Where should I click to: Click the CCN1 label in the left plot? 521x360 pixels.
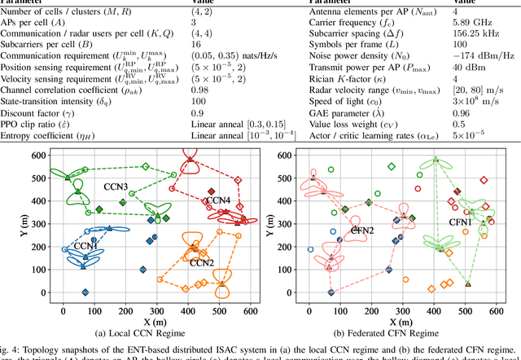[x=88, y=245]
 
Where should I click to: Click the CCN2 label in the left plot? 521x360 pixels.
[x=202, y=262]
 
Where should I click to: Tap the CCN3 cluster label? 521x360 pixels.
[x=116, y=187]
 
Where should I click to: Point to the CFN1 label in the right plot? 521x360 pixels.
[x=462, y=222]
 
